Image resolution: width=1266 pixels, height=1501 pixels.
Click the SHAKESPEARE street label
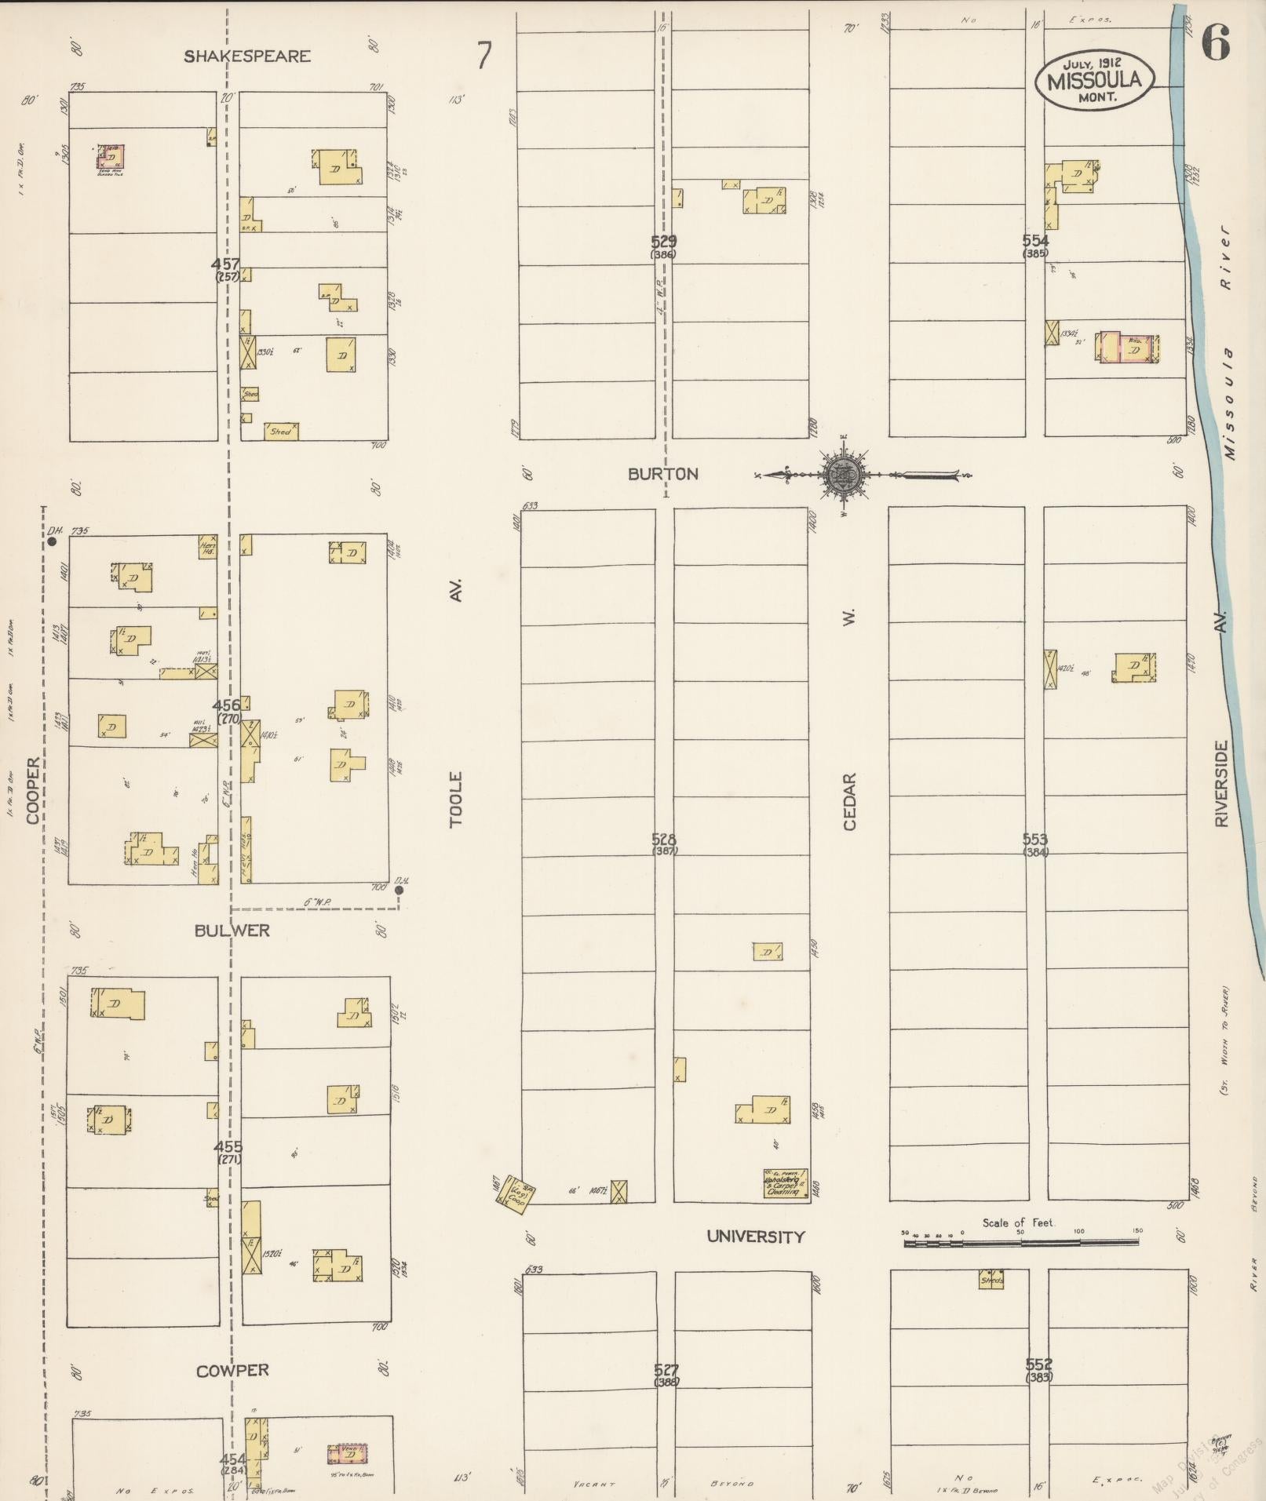point(247,56)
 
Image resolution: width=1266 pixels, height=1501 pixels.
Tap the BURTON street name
point(663,474)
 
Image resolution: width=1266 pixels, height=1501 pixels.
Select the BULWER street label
point(232,931)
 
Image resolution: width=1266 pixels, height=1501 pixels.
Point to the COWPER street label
point(232,1371)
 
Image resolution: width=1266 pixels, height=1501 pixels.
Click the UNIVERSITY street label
point(756,1237)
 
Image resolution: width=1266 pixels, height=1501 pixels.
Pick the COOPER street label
point(33,790)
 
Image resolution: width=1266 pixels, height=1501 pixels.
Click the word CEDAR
point(850,801)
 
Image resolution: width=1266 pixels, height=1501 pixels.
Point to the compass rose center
point(843,474)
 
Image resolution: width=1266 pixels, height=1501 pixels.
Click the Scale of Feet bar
point(1020,1243)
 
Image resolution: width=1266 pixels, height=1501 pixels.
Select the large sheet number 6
point(1214,42)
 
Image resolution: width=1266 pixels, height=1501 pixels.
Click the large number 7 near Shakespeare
point(484,56)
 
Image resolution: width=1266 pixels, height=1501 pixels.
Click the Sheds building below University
point(991,1280)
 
